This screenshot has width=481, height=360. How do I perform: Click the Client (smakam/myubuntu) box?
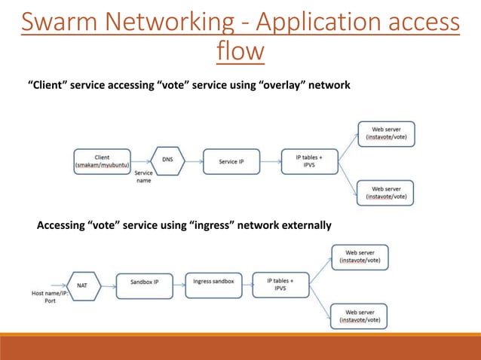pyautogui.click(x=102, y=160)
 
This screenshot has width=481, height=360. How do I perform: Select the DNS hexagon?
pyautogui.click(x=167, y=160)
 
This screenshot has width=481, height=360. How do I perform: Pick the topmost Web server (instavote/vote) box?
pyautogui.click(x=387, y=133)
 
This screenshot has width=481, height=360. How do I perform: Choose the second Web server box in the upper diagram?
pyautogui.click(x=387, y=193)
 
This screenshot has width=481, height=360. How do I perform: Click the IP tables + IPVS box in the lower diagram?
pyautogui.click(x=280, y=284)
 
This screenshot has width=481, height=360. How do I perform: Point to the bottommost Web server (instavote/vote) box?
pyautogui.click(x=360, y=316)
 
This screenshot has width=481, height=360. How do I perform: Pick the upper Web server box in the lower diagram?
pyautogui.click(x=360, y=257)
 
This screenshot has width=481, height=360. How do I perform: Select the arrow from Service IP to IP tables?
pyautogui.click(x=270, y=160)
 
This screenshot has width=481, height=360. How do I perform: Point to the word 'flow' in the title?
pyautogui.click(x=240, y=53)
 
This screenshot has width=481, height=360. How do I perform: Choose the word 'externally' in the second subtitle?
pyautogui.click(x=302, y=225)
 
